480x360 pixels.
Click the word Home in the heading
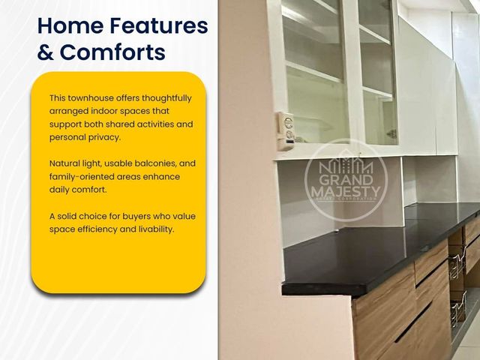70,25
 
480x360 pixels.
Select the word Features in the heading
159,25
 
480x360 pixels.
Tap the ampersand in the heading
46,52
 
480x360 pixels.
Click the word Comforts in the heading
112,52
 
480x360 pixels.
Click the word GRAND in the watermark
346,180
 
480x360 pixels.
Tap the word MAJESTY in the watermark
346,192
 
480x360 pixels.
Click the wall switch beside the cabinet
286,131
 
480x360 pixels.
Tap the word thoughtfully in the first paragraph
166,98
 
